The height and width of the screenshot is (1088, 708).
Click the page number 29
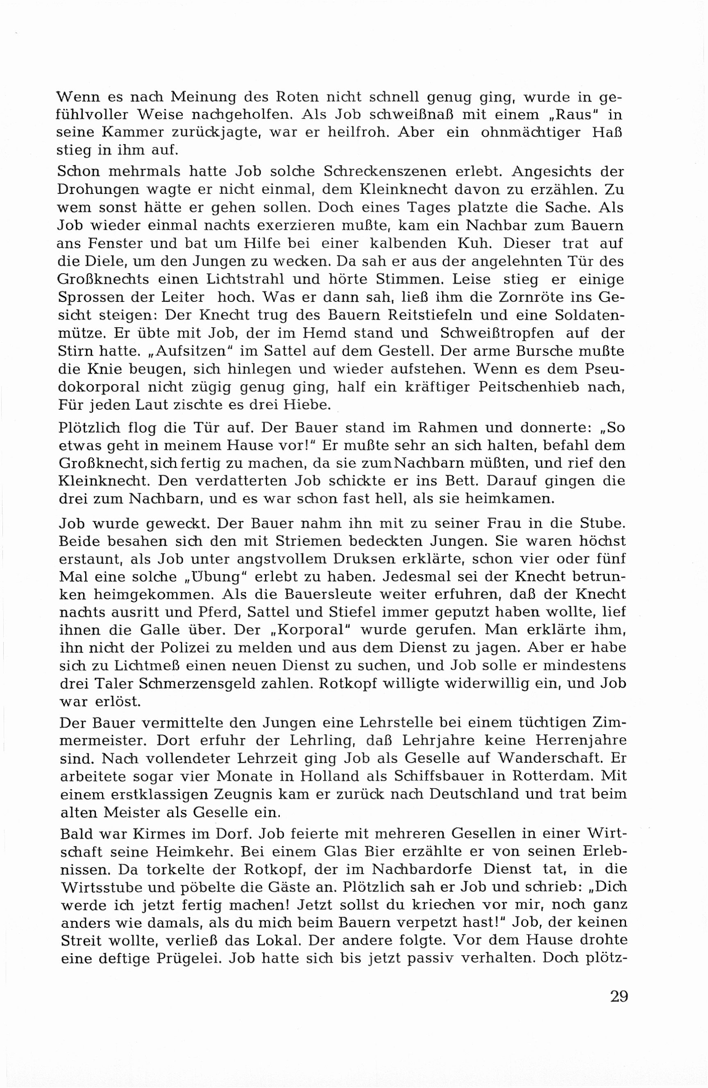click(x=619, y=996)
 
